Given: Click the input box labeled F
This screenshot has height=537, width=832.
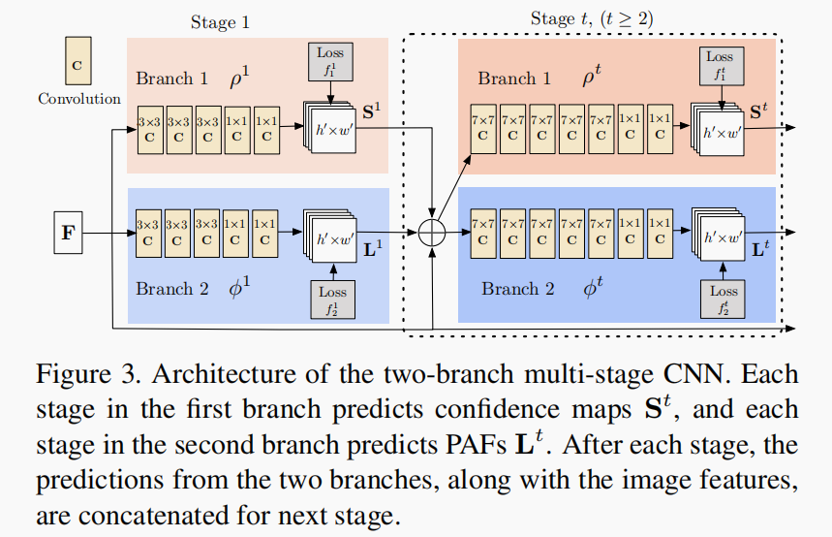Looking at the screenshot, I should pos(67,234).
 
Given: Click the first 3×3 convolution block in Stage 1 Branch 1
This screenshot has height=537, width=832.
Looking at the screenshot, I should pos(150,129).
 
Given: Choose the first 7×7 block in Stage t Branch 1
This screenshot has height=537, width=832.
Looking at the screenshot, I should pos(482,126).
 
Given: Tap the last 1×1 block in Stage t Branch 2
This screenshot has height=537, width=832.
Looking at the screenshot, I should pos(660,231).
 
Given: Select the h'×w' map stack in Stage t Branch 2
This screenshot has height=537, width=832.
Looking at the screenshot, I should pos(719,236).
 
